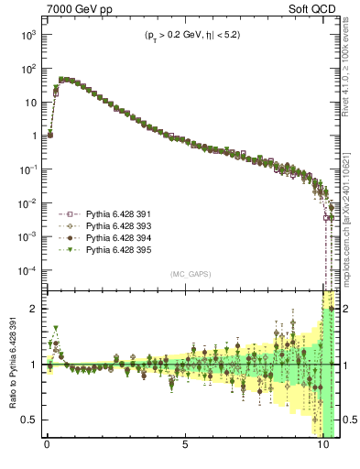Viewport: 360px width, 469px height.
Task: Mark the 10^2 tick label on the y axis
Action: (x=27, y=69)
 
